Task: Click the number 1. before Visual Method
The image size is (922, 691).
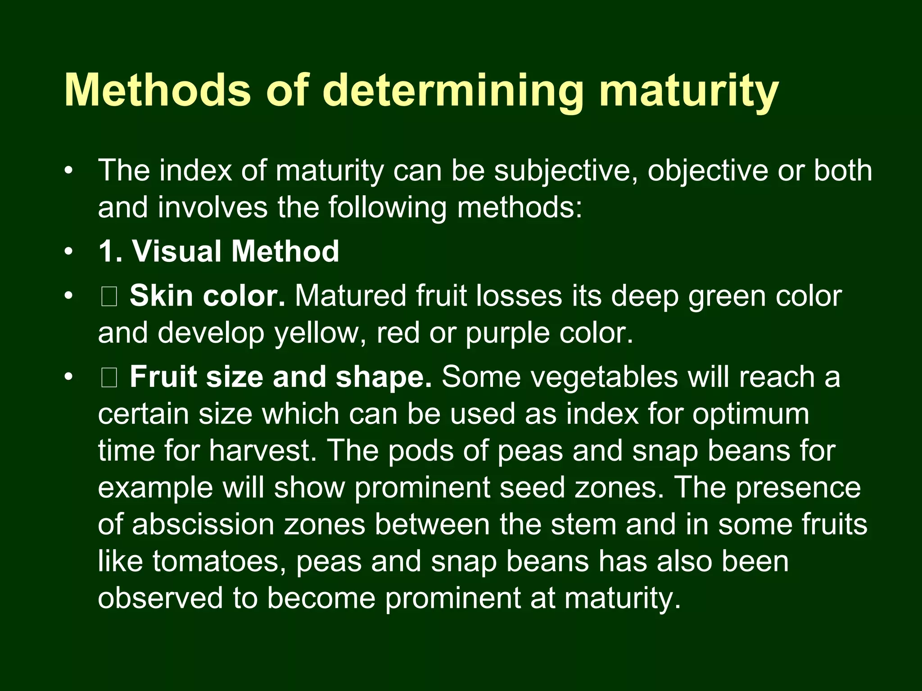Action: pyautogui.click(x=110, y=251)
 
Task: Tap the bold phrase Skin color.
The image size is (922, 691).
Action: pyautogui.click(x=207, y=296)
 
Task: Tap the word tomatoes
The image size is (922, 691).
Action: pyautogui.click(x=219, y=561)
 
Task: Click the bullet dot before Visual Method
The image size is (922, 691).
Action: pyautogui.click(x=68, y=251)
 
